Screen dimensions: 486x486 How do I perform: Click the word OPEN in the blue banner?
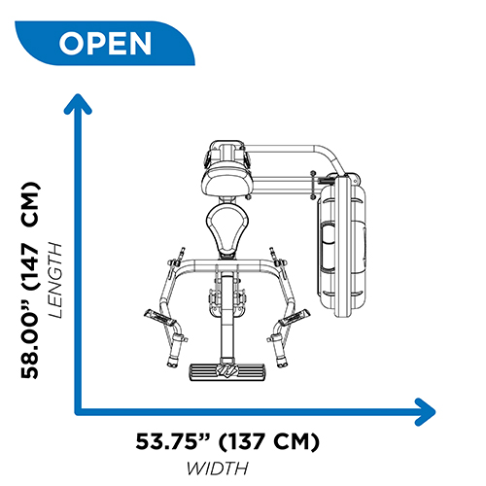coord(105,43)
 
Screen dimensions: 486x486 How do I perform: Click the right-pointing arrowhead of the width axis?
coord(426,412)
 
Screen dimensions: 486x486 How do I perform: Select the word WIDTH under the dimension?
coord(218,469)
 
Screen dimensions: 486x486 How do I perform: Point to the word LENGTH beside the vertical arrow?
coord(54,280)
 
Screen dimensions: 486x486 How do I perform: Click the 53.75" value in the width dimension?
coord(173,441)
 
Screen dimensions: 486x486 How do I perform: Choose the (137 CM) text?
coord(269,441)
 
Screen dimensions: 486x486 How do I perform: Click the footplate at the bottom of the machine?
coord(226,372)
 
